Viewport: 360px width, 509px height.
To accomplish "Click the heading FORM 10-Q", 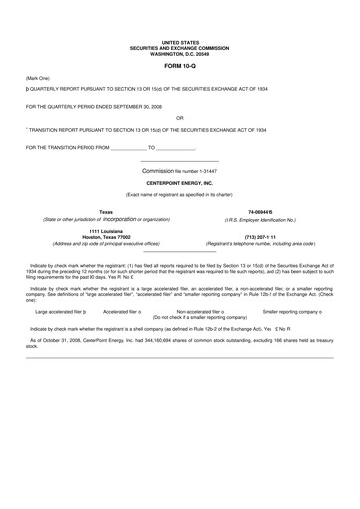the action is click(x=180, y=64).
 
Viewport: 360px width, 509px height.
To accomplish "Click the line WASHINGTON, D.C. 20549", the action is click(x=180, y=52).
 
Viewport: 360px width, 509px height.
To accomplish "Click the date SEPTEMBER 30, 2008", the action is click(x=145, y=105).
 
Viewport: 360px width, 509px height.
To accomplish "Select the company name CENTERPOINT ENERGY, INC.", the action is click(x=180, y=183).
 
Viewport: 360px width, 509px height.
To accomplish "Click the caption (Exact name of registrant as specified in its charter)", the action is click(x=180, y=195).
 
